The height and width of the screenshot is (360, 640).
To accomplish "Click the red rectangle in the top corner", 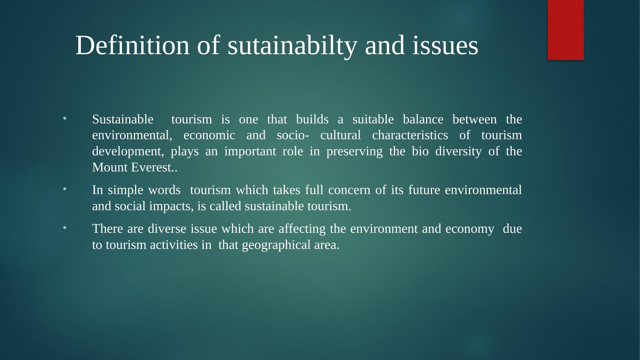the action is coord(566,30).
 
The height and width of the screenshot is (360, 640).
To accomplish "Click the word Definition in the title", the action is coord(132,45).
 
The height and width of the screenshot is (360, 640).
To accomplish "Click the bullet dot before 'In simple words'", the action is coord(64,189).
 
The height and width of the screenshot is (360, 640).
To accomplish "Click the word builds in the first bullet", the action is coord(312,119).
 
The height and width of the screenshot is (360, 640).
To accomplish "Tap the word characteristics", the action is coord(410,135).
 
